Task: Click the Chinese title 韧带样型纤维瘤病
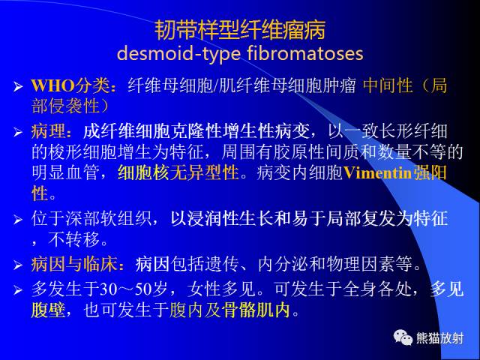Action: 240,30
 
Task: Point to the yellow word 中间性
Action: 388,85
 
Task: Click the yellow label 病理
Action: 49,133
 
